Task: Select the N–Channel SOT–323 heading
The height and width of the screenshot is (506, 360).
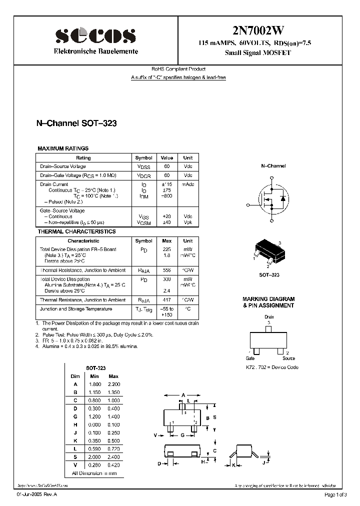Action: [x=76, y=123]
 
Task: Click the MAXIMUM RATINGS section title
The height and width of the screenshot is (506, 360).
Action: [x=63, y=148]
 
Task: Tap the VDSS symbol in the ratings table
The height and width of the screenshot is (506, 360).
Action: [x=143, y=166]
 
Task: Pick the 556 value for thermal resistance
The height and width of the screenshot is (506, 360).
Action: [x=166, y=270]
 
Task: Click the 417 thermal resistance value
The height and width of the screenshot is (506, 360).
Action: [x=166, y=300]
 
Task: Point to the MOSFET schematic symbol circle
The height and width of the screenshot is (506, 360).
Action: [x=273, y=197]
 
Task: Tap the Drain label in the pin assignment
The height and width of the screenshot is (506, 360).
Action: [x=269, y=317]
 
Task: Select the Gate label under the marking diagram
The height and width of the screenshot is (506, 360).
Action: [x=250, y=358]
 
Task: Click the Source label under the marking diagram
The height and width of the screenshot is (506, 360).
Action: [x=288, y=358]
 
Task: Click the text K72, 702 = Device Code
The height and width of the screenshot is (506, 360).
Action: [x=272, y=367]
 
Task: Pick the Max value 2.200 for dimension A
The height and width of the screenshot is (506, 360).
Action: [x=113, y=383]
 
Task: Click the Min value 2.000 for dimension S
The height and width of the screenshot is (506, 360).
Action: [x=94, y=456]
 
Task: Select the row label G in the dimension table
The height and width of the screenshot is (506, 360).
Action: [x=75, y=416]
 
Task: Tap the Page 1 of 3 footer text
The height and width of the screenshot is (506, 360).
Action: [x=334, y=494]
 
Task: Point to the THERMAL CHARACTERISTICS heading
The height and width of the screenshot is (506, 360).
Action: [x=76, y=231]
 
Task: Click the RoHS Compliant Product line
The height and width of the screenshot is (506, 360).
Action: [x=178, y=69]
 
